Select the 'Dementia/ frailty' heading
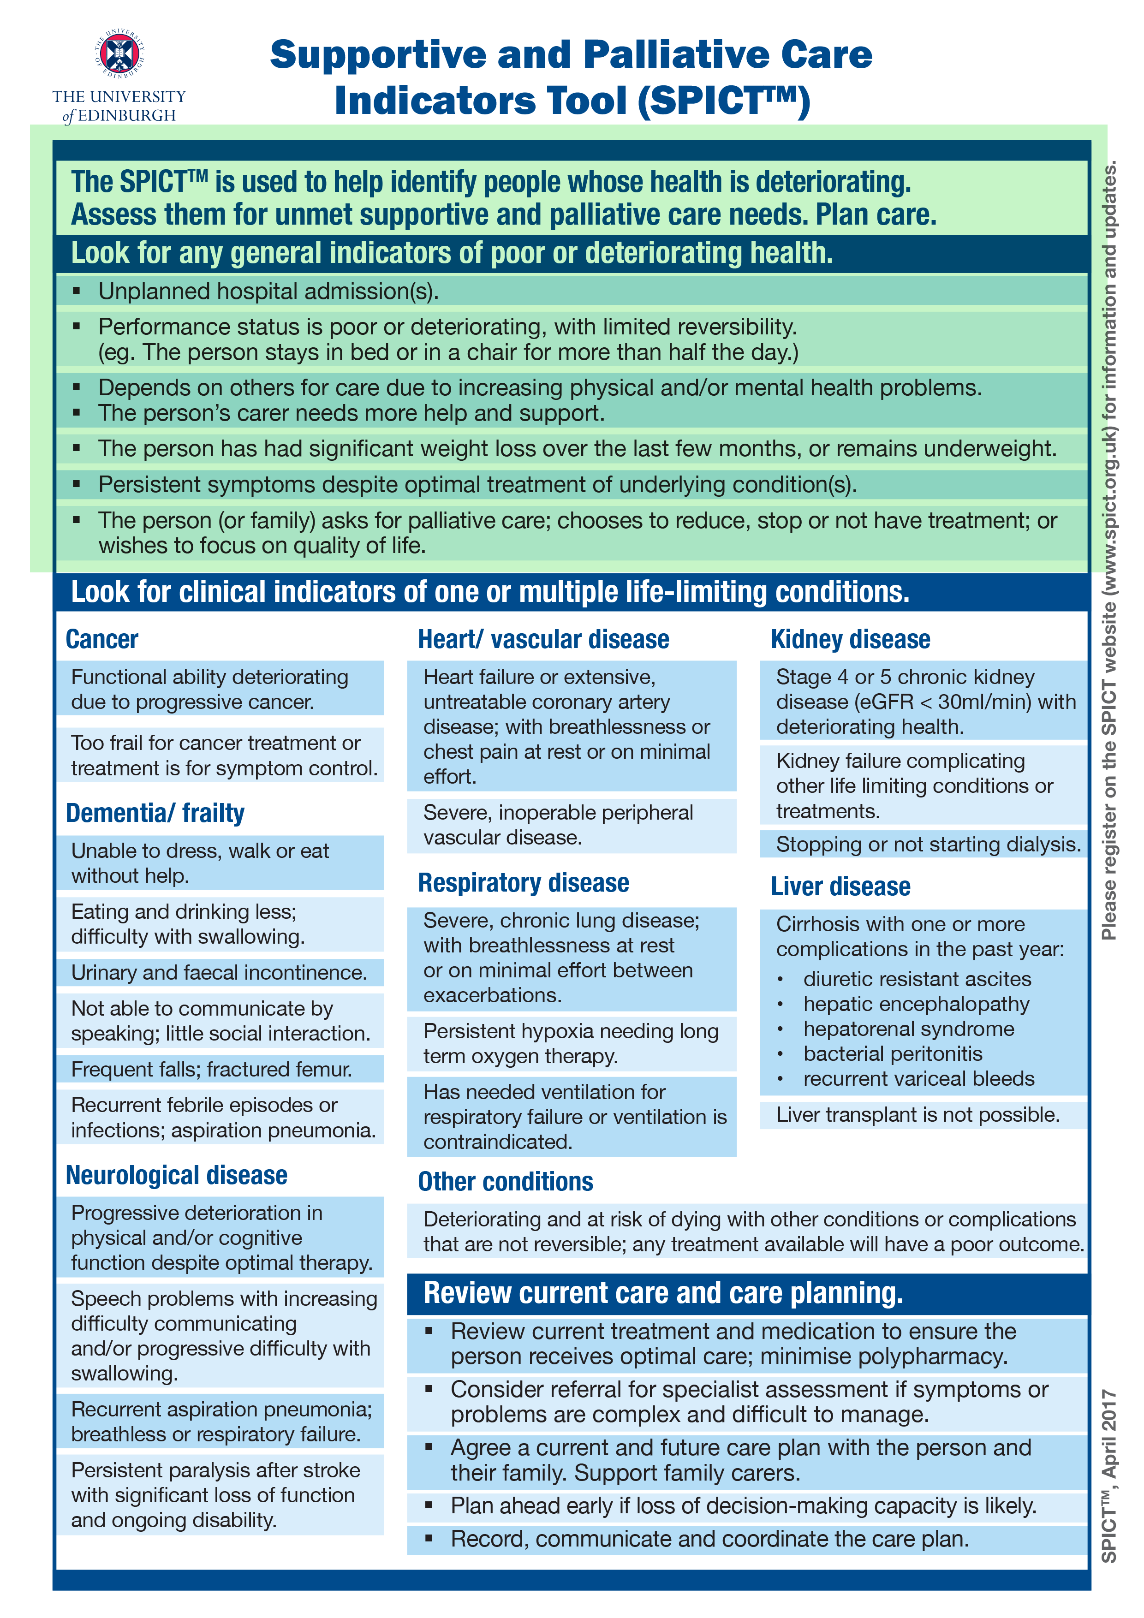point(155,813)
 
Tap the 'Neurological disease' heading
point(176,1175)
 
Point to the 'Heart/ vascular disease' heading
point(543,639)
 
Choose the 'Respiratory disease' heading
point(523,883)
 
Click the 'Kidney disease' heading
point(850,639)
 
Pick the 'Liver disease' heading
point(840,886)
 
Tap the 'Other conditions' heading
point(506,1182)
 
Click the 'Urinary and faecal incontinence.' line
point(219,972)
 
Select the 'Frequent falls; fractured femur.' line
point(211,1069)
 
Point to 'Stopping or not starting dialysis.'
point(928,844)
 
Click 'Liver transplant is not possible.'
point(918,1115)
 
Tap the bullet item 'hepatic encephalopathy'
point(916,1004)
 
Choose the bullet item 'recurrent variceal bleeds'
point(918,1078)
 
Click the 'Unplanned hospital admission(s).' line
point(268,291)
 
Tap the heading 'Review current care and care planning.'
point(662,1293)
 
